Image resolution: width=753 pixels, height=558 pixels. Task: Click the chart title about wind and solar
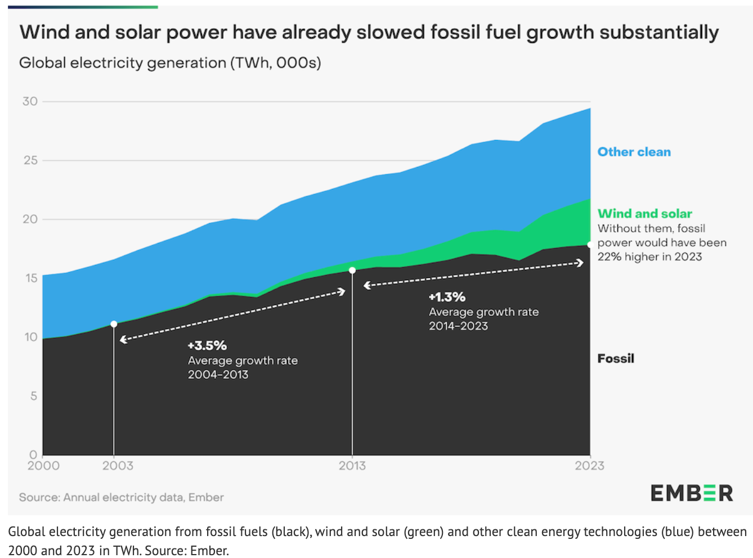[369, 33]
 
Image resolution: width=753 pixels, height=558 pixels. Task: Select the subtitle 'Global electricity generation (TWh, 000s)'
[170, 62]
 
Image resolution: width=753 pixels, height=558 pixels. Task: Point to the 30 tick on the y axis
[30, 101]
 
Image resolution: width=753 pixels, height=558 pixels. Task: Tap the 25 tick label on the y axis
[30, 160]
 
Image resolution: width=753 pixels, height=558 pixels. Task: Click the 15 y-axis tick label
[30, 278]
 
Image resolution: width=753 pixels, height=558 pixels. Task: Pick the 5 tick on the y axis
[34, 396]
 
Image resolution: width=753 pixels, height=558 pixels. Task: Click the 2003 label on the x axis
[118, 466]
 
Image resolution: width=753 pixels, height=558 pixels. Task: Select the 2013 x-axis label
[352, 466]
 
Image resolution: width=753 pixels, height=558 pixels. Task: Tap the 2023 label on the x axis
[589, 466]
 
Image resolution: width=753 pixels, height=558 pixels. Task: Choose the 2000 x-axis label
[43, 466]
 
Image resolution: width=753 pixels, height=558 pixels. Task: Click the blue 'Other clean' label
[634, 152]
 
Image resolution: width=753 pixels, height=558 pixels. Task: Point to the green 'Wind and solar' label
[644, 214]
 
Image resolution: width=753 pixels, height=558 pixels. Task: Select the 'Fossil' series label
[616, 358]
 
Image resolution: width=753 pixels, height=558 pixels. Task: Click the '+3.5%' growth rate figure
[207, 345]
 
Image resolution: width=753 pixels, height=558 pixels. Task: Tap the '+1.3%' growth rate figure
[447, 297]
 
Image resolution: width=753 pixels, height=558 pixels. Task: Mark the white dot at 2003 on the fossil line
[114, 324]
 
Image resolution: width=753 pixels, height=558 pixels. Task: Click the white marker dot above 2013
[352, 271]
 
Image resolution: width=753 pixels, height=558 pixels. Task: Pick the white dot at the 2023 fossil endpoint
[590, 245]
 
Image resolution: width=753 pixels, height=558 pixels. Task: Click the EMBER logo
[692, 493]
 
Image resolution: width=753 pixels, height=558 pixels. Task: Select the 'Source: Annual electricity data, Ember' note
[122, 497]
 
